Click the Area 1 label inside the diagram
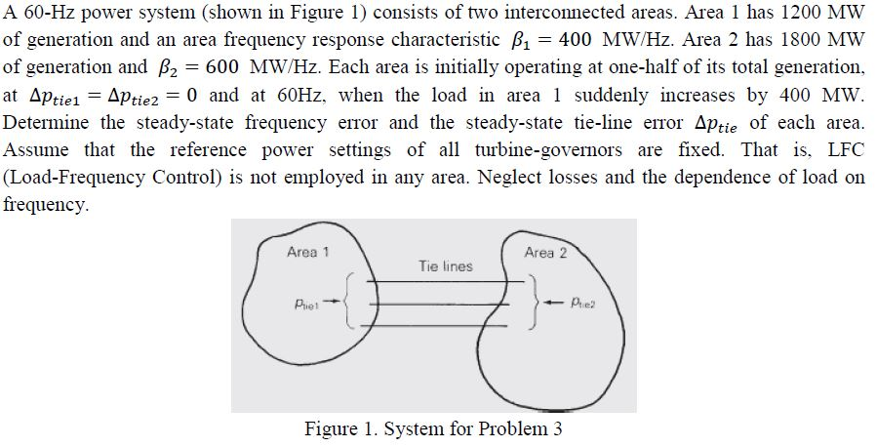[x=307, y=252]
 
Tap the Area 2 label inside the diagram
[x=544, y=253]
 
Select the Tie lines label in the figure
[x=445, y=265]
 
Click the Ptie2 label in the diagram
[x=584, y=302]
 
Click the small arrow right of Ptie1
[x=334, y=302]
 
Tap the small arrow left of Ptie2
[x=555, y=302]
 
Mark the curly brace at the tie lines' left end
[x=354, y=303]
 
